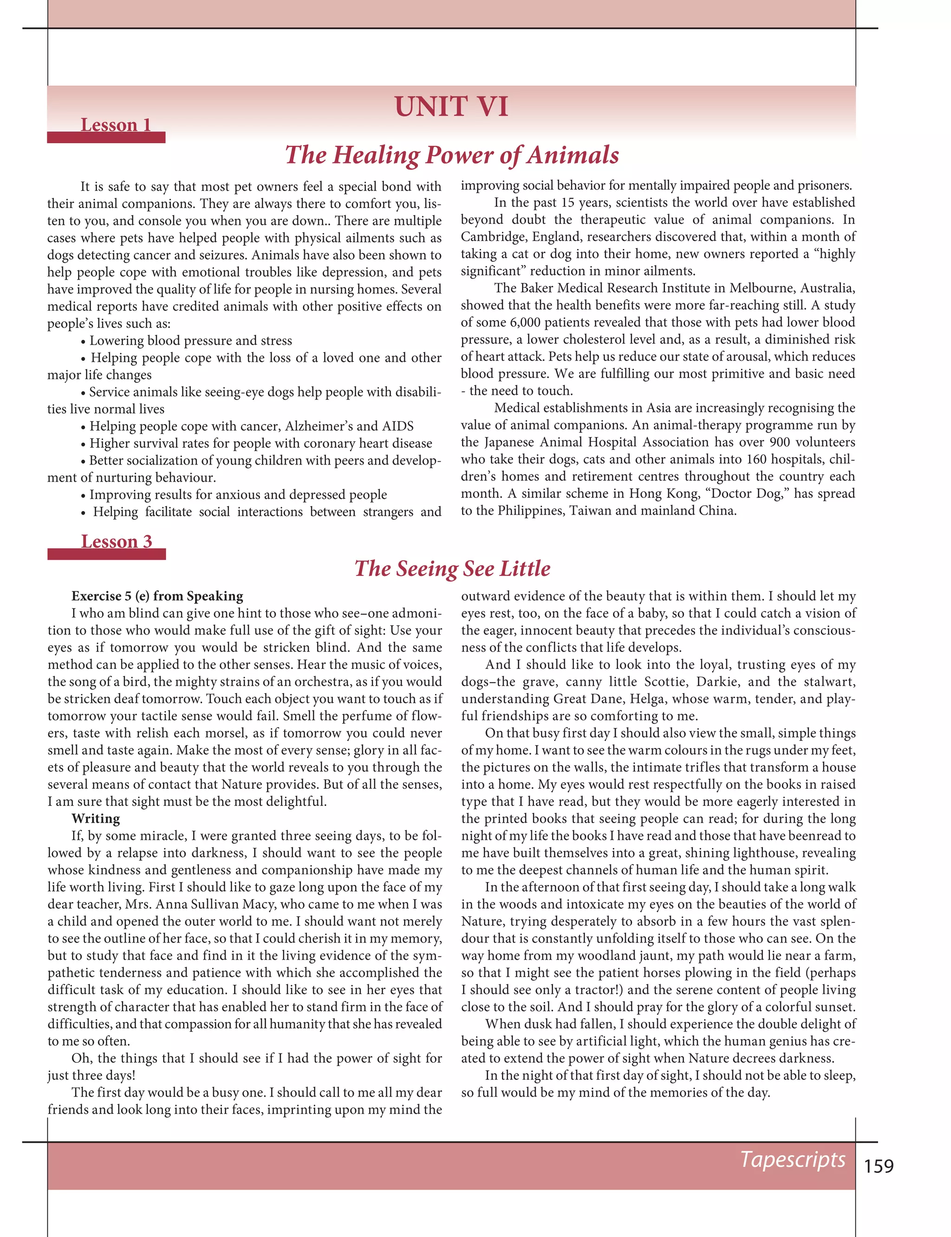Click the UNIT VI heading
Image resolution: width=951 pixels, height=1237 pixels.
(451, 107)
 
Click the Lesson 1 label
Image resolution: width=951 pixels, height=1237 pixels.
(116, 124)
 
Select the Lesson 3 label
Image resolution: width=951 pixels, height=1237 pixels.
(116, 541)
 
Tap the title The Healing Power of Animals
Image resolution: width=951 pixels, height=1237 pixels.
(452, 155)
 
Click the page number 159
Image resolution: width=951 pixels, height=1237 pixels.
(879, 1166)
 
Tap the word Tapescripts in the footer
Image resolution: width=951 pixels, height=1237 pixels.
(793, 1159)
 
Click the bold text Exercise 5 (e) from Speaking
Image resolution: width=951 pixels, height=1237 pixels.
(157, 596)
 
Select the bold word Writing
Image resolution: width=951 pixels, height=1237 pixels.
(95, 818)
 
